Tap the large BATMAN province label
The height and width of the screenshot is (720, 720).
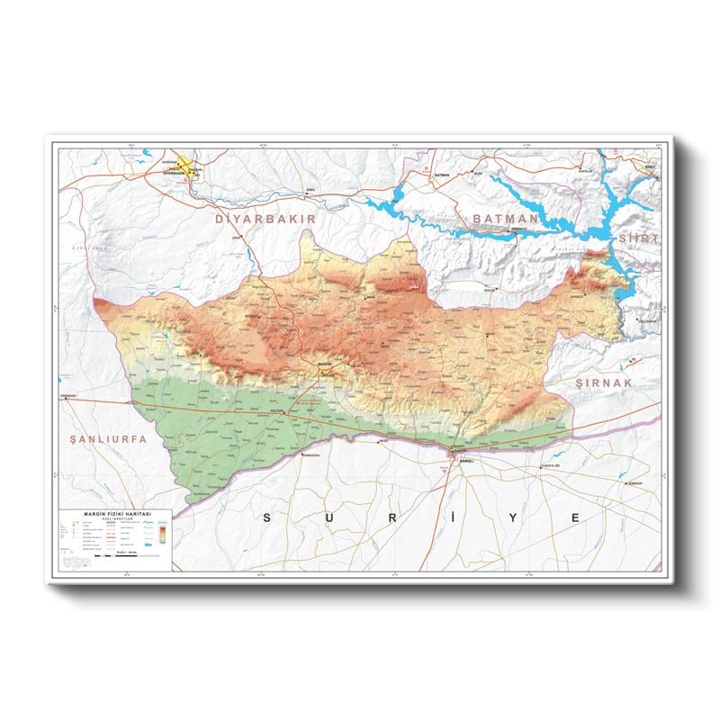point(505,218)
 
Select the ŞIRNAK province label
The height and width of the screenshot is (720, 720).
point(606,382)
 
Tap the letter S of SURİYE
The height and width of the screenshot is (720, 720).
point(266,517)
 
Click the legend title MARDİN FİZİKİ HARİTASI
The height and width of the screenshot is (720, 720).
point(116,512)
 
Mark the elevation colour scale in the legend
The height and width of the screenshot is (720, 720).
point(159,533)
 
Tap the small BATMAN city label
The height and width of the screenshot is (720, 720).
point(441,175)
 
